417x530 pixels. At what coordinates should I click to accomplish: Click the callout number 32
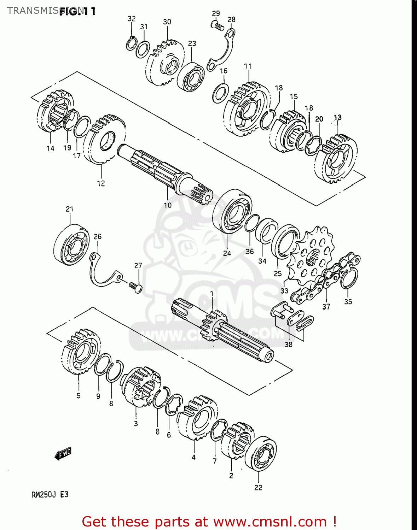(132, 19)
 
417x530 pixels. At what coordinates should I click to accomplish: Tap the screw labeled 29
(217, 25)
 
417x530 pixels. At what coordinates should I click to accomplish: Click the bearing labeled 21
(72, 244)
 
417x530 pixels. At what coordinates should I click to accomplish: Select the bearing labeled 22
(261, 454)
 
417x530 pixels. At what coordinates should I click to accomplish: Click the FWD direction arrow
(63, 454)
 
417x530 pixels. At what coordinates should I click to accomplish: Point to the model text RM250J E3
(50, 494)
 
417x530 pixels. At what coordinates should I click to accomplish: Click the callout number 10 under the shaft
(167, 205)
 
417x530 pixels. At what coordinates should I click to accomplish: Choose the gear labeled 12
(104, 139)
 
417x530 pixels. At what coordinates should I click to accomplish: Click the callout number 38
(289, 344)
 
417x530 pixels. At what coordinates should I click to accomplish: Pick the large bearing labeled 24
(232, 211)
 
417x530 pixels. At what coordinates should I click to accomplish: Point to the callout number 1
(212, 294)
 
